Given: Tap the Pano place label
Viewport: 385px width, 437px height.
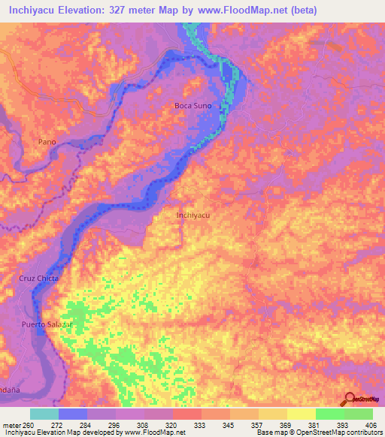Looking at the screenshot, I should coord(47,141).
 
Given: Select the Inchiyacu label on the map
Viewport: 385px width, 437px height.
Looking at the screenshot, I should coord(192,215).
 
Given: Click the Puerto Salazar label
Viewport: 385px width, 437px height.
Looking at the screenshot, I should coord(47,324).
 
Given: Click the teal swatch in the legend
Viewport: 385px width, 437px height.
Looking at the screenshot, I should coord(44,414).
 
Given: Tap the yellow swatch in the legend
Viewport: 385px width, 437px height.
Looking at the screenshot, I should coord(301,414).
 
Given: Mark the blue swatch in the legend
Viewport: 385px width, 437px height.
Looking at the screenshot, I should coord(73,414).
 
